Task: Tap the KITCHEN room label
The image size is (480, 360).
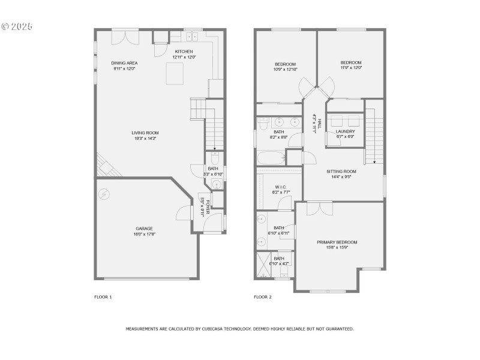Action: coord(184,52)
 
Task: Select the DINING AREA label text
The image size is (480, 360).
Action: coord(124,63)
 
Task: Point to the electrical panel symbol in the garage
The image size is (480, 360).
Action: coord(104,194)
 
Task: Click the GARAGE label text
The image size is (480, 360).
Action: coord(144,228)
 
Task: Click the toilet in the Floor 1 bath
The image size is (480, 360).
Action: coord(216,158)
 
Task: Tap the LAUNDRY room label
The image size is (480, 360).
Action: coord(345,131)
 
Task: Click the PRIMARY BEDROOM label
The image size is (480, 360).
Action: coord(337,242)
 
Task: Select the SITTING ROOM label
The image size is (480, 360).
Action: coord(341,171)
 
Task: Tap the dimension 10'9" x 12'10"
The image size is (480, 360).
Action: coord(286,70)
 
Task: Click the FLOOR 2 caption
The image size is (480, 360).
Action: coord(263,297)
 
